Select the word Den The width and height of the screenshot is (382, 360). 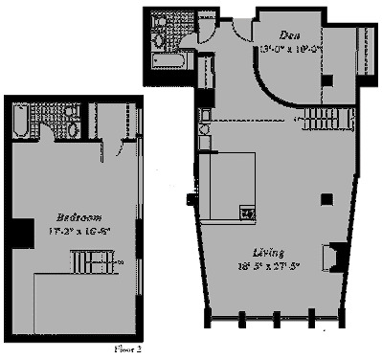[x=286, y=34]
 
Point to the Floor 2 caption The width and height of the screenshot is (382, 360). [x=126, y=349]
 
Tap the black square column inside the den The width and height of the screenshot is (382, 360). [x=326, y=80]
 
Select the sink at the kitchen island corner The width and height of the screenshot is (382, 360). [x=247, y=214]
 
